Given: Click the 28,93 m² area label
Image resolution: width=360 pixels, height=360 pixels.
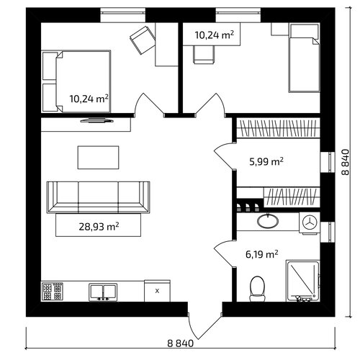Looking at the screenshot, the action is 99,227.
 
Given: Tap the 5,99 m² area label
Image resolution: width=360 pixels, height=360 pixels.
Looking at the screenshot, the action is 266,161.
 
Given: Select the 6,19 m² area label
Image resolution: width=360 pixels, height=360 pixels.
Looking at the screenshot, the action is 262,254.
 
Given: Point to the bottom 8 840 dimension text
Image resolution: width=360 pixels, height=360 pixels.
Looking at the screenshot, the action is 181,343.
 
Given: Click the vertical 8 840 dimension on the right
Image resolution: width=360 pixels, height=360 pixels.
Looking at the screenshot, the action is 345,162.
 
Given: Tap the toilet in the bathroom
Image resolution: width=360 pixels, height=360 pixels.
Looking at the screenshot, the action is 257,289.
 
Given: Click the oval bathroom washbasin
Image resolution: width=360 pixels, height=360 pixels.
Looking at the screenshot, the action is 268,220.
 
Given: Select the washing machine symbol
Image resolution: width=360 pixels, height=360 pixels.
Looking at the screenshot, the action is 310,223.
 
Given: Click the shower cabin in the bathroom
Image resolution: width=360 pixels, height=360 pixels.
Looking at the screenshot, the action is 303,281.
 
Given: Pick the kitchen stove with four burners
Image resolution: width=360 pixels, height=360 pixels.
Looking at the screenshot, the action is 53,291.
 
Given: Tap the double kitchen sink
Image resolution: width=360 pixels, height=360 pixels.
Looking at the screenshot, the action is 103,292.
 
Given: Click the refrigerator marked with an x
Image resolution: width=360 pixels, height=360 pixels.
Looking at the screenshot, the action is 157,291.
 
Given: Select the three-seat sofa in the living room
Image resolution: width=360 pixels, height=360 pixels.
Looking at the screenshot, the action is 98,197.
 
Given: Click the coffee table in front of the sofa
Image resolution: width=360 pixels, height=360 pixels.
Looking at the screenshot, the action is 98,158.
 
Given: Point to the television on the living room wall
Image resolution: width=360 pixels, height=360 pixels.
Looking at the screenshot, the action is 97,120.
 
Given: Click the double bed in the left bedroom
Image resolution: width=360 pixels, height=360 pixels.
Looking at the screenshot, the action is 76,81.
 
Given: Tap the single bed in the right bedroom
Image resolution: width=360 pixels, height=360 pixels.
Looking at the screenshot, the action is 304,58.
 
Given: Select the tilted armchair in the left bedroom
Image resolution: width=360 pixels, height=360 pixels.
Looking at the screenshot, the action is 143,40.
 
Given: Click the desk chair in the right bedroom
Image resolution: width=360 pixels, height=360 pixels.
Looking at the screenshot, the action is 204,55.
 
